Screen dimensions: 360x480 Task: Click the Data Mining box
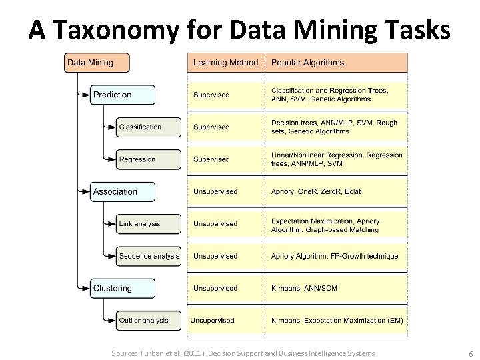point(96,63)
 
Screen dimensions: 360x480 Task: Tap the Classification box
point(149,127)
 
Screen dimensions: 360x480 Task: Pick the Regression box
point(149,159)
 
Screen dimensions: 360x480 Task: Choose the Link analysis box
point(149,224)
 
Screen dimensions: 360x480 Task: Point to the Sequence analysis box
point(149,256)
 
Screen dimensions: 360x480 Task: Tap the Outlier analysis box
point(149,321)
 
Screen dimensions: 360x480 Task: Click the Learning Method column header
point(225,63)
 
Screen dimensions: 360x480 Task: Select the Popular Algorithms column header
point(337,63)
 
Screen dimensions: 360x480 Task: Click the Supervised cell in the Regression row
point(225,159)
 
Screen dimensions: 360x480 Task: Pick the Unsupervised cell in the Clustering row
point(225,289)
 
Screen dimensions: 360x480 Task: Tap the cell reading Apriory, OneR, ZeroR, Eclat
point(337,192)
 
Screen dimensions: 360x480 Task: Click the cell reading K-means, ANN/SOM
point(337,289)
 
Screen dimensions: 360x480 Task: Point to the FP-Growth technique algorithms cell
point(337,256)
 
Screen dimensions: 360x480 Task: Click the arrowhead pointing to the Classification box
point(111,127)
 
